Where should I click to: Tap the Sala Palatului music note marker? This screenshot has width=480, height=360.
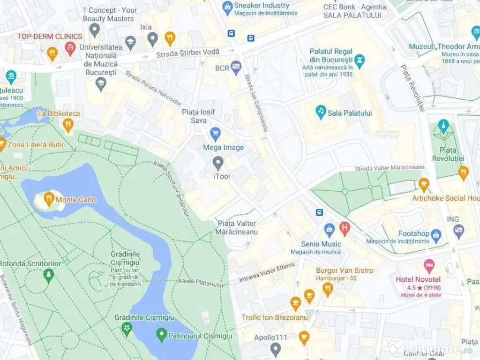click(321, 112)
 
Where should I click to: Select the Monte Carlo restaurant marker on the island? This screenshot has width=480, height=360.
click(49, 199)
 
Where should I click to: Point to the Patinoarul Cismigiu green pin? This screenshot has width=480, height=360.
click(161, 335)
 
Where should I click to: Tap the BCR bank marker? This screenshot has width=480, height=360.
click(235, 67)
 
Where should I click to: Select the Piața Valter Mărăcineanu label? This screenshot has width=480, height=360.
click(237, 227)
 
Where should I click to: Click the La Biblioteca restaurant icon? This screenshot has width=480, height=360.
click(68, 125)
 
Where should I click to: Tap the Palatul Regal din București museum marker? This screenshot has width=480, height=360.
click(360, 60)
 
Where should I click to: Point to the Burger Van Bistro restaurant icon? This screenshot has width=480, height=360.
click(328, 289)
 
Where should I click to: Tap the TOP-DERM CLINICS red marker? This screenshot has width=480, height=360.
click(70, 47)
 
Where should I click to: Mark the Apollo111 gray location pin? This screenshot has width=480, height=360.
click(276, 348)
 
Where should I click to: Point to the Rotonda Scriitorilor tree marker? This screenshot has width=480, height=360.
click(48, 275)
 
